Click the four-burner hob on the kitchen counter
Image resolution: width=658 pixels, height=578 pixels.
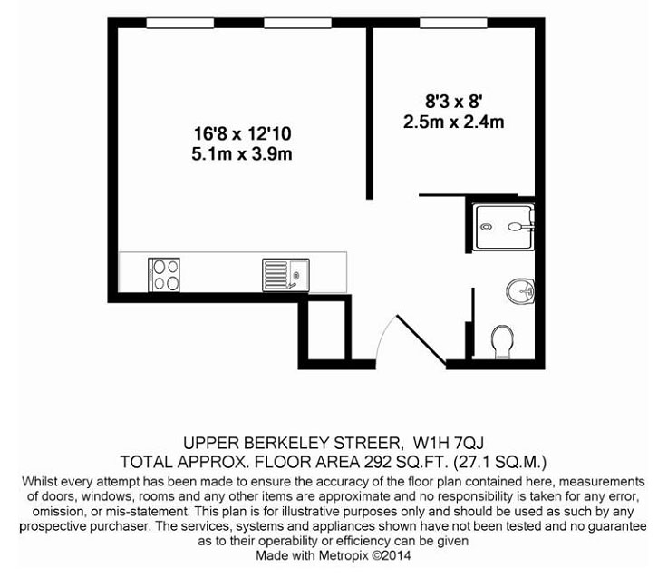pyautogui.click(x=164, y=275)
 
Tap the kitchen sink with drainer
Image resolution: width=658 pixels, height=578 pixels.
pyautogui.click(x=285, y=275)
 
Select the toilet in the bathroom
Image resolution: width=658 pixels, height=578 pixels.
pyautogui.click(x=502, y=342)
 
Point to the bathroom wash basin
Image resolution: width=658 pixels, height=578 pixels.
pyautogui.click(x=520, y=290)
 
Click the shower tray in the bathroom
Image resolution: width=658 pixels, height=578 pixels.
pyautogui.click(x=504, y=227)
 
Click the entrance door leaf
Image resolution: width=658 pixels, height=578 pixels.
pyautogui.click(x=421, y=338)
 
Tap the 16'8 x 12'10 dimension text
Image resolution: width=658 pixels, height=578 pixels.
pyautogui.click(x=242, y=134)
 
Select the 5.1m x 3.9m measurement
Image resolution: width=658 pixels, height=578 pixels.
pyautogui.click(x=242, y=154)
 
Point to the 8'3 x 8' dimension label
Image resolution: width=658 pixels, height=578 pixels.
pyautogui.click(x=453, y=102)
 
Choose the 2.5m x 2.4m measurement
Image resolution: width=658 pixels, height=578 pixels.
pyautogui.click(x=454, y=122)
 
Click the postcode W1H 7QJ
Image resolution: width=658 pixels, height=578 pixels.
pyautogui.click(x=449, y=443)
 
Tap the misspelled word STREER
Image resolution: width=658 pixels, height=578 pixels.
pyautogui.click(x=367, y=443)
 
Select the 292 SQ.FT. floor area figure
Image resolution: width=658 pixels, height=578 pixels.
pyautogui.click(x=404, y=462)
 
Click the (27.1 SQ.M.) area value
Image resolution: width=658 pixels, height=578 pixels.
pyautogui.click(x=499, y=463)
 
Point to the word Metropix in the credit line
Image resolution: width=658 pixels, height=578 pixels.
pyautogui.click(x=344, y=555)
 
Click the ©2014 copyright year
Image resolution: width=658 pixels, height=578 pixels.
pyautogui.click(x=392, y=555)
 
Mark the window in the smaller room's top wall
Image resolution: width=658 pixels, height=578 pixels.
pyautogui.click(x=453, y=23)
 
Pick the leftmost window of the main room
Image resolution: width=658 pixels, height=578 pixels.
pyautogui.click(x=180, y=23)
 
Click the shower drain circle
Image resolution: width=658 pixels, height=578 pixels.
pyautogui.click(x=487, y=227)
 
